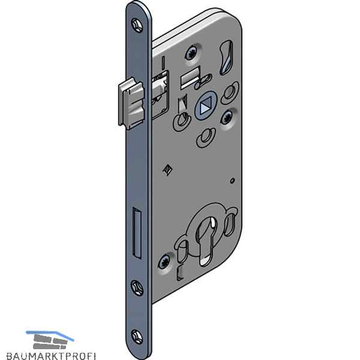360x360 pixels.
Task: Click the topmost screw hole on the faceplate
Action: click(x=137, y=25)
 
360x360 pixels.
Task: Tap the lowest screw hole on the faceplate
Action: click(x=137, y=337)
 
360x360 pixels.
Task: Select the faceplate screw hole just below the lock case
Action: click(x=137, y=287)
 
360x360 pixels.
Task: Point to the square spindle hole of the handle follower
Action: click(x=203, y=107)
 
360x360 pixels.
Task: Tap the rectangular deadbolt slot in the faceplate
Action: click(x=137, y=233)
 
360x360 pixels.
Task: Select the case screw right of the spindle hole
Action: click(x=227, y=117)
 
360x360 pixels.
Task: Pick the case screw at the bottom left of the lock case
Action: click(x=164, y=262)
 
